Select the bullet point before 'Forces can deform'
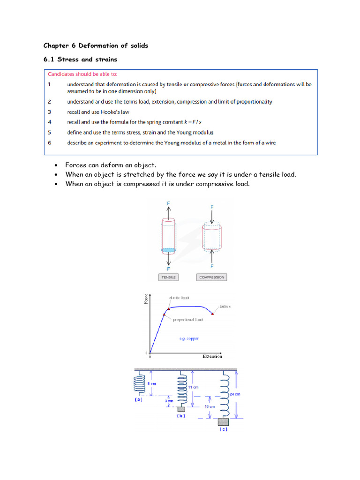click(56, 165)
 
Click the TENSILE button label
click(168, 277)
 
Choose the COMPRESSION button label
click(211, 277)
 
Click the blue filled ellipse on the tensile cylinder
click(168, 250)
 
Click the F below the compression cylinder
click(212, 266)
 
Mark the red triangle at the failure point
click(212, 314)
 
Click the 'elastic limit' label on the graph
click(179, 298)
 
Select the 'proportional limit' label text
click(188, 320)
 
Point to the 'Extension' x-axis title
click(212, 356)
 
